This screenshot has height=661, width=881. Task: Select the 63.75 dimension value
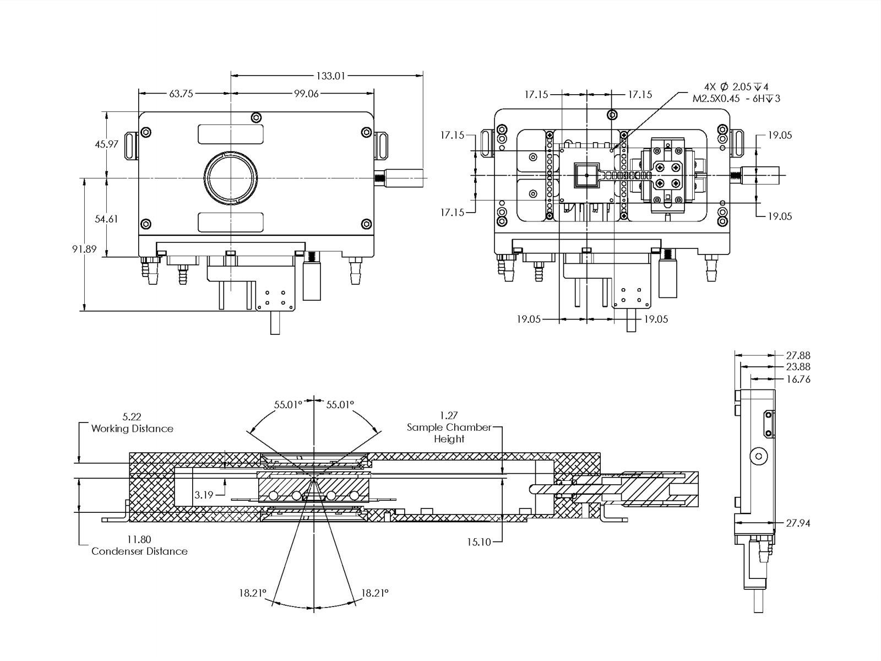[x=181, y=94]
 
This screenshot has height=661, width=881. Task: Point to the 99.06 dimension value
[x=306, y=94]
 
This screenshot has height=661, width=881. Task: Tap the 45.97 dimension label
[x=106, y=144]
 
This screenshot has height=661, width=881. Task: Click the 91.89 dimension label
[x=84, y=249]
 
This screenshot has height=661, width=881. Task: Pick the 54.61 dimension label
[x=106, y=219]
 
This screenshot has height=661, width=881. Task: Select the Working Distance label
[x=132, y=429]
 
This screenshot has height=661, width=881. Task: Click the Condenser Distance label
[x=139, y=551]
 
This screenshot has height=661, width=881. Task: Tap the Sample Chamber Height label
[x=449, y=433]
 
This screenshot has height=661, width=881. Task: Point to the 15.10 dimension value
[x=478, y=542]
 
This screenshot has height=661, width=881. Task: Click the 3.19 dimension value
[x=204, y=495]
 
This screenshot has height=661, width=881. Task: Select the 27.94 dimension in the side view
[x=798, y=523]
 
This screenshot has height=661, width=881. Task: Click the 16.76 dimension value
[x=798, y=379]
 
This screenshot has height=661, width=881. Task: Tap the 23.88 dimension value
[x=798, y=367]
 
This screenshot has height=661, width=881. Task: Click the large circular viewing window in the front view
[x=231, y=177]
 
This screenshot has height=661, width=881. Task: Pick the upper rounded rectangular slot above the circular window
[x=231, y=134]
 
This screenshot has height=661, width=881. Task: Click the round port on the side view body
[x=759, y=456]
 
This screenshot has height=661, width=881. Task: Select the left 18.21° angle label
[x=252, y=593]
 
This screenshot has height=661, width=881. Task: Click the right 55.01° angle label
[x=340, y=405]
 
